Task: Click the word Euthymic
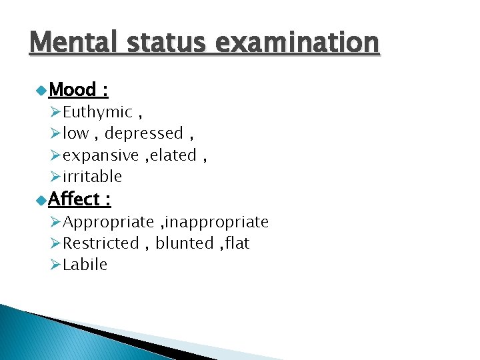(97, 112)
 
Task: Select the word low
(75, 133)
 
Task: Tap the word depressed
(143, 133)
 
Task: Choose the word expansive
(101, 155)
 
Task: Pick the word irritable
(92, 177)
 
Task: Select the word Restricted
(101, 243)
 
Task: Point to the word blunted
(183, 243)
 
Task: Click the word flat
(237, 243)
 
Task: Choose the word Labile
(85, 265)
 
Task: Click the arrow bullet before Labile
(55, 265)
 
